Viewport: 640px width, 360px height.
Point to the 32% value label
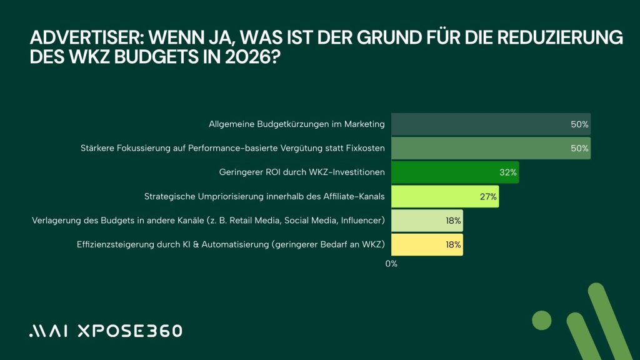[x=508, y=172]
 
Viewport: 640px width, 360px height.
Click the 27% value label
[x=489, y=196]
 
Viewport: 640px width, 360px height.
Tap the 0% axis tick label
[x=391, y=264]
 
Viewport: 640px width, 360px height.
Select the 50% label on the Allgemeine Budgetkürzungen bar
[x=579, y=124]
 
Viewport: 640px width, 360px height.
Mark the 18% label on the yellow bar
[x=453, y=244]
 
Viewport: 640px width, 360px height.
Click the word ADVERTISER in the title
[x=74, y=38]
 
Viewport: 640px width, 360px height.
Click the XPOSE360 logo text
[x=129, y=331]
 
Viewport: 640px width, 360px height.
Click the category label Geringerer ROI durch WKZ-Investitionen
[x=302, y=172]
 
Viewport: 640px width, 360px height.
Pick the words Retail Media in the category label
[x=270, y=221]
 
